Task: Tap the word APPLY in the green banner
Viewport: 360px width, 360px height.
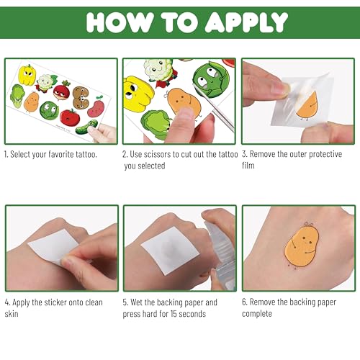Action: [x=246, y=22]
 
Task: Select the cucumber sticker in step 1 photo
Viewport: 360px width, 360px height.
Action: [x=86, y=127]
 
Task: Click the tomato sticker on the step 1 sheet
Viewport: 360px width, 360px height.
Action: [x=70, y=117]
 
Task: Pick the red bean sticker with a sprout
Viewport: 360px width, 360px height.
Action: [x=96, y=107]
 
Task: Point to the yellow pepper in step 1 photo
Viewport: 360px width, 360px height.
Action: [x=27, y=75]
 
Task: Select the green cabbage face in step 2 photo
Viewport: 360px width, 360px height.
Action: [x=211, y=80]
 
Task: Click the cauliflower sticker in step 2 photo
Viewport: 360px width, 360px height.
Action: [x=159, y=71]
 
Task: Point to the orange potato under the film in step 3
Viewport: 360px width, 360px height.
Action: [x=307, y=107]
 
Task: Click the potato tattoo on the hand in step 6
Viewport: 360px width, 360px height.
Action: [x=302, y=246]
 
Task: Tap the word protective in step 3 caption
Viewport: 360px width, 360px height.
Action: [x=325, y=154]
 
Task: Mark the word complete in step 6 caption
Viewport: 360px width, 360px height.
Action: [x=257, y=314]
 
